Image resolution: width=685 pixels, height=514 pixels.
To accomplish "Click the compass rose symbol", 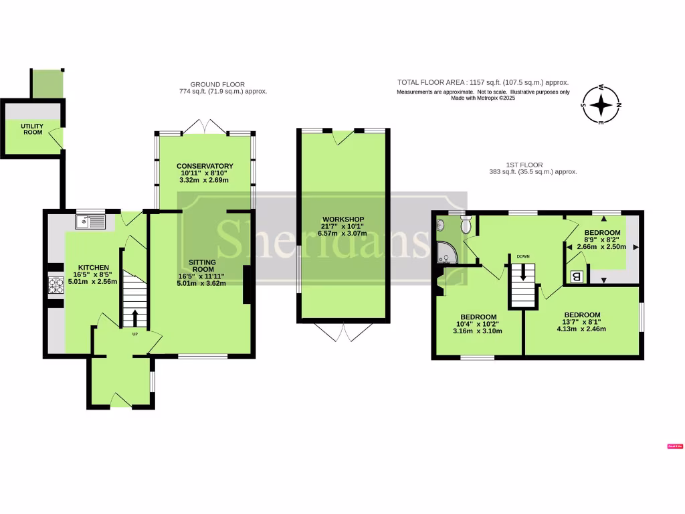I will pyautogui.click(x=601, y=105).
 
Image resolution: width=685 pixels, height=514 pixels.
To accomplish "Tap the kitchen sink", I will pyautogui.click(x=90, y=220).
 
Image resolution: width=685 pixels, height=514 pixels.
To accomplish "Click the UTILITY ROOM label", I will pyautogui.click(x=31, y=129).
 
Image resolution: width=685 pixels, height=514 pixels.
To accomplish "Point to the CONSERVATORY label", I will pyautogui.click(x=205, y=166).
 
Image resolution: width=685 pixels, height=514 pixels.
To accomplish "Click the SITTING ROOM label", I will pyautogui.click(x=201, y=262).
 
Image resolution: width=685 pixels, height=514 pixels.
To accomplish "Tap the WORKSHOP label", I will pyautogui.click(x=342, y=220).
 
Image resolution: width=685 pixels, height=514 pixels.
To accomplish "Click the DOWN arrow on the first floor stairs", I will pyautogui.click(x=523, y=272).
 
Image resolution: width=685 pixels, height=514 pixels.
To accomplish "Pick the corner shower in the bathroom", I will pyautogui.click(x=444, y=252).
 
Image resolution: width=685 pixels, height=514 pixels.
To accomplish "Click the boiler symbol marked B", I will pyautogui.click(x=576, y=276).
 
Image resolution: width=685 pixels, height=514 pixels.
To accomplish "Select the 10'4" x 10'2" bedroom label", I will pyautogui.click(x=478, y=324).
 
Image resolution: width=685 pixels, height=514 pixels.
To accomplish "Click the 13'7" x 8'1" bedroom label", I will pyautogui.click(x=581, y=321).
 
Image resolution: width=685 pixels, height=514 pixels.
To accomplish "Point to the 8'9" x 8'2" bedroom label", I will pyautogui.click(x=601, y=239).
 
